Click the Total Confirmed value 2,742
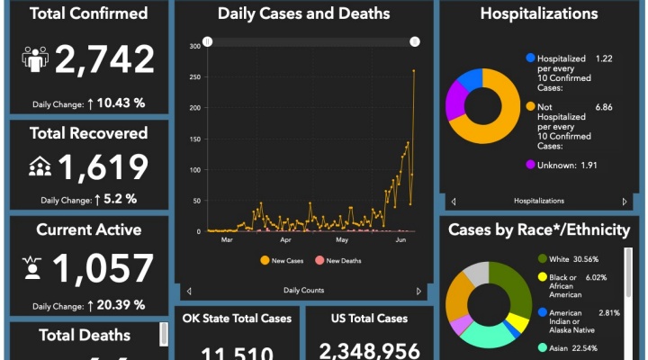pyautogui.click(x=105, y=59)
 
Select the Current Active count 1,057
pyautogui.click(x=103, y=268)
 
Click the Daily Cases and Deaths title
pyautogui.click(x=304, y=13)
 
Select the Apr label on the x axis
pyautogui.click(x=285, y=240)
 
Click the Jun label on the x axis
pyautogui.click(x=400, y=240)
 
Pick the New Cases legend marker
pyautogui.click(x=265, y=260)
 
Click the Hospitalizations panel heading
pyautogui.click(x=539, y=13)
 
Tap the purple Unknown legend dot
pyautogui.click(x=530, y=165)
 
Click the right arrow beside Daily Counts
pyautogui.click(x=418, y=291)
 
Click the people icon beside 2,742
pyautogui.click(x=35, y=59)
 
